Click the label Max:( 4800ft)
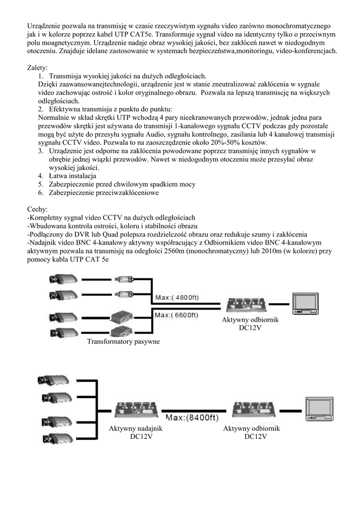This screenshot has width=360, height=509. pyautogui.click(x=178, y=297)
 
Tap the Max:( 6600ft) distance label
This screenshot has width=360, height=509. pyautogui.click(x=178, y=315)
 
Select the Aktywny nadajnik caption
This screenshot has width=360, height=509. pyautogui.click(x=136, y=428)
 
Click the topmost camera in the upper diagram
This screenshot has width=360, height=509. pyautogui.click(x=62, y=279)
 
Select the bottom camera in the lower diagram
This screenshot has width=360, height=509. pyautogui.click(x=55, y=438)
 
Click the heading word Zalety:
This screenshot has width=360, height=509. pyautogui.click(x=37, y=68)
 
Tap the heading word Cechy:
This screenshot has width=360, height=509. pyautogui.click(x=36, y=210)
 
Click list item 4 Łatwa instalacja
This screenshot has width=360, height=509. pyautogui.click(x=72, y=176)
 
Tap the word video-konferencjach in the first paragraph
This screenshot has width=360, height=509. pyautogui.click(x=304, y=51)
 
